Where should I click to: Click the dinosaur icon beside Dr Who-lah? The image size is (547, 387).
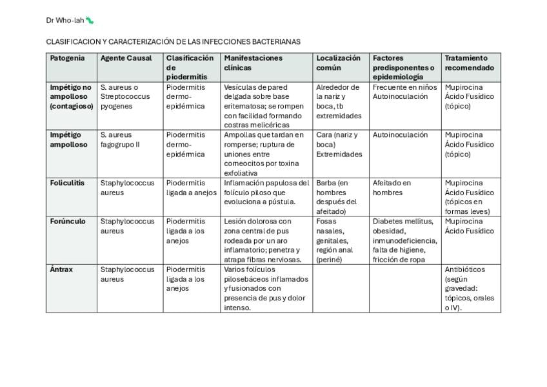(90, 20)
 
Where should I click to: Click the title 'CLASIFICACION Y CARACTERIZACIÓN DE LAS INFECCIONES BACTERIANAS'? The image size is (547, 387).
(173, 42)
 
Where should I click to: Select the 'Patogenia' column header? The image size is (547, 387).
(67, 58)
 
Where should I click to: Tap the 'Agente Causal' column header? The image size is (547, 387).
(126, 58)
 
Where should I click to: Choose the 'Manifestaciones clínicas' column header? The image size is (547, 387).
(253, 63)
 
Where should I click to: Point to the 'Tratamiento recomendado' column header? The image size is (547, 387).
(470, 63)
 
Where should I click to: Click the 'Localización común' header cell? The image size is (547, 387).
(338, 63)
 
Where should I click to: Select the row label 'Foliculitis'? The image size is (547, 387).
(67, 183)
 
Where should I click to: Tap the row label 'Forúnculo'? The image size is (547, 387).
(67, 221)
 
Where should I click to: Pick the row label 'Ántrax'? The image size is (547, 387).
(61, 269)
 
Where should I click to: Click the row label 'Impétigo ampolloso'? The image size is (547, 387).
(68, 140)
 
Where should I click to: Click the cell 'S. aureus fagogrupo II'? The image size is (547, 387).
(120, 140)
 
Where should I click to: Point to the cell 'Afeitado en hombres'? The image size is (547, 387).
(392, 187)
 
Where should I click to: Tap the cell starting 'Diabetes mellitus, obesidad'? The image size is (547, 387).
(404, 240)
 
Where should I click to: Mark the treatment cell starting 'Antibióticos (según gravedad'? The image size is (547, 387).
(470, 288)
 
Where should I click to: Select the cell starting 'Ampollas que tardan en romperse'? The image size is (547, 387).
(264, 154)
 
